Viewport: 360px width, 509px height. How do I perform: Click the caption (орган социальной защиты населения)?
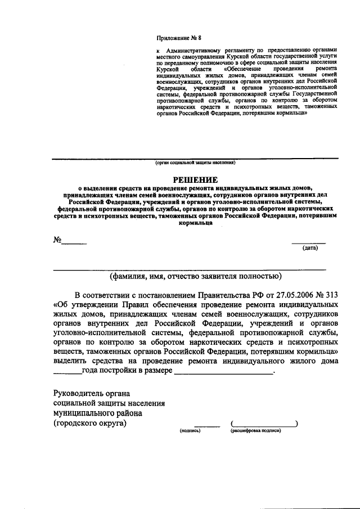click(x=195, y=163)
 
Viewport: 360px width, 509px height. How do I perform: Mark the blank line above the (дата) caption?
click(x=308, y=242)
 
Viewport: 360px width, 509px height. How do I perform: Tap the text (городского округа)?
click(x=90, y=424)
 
